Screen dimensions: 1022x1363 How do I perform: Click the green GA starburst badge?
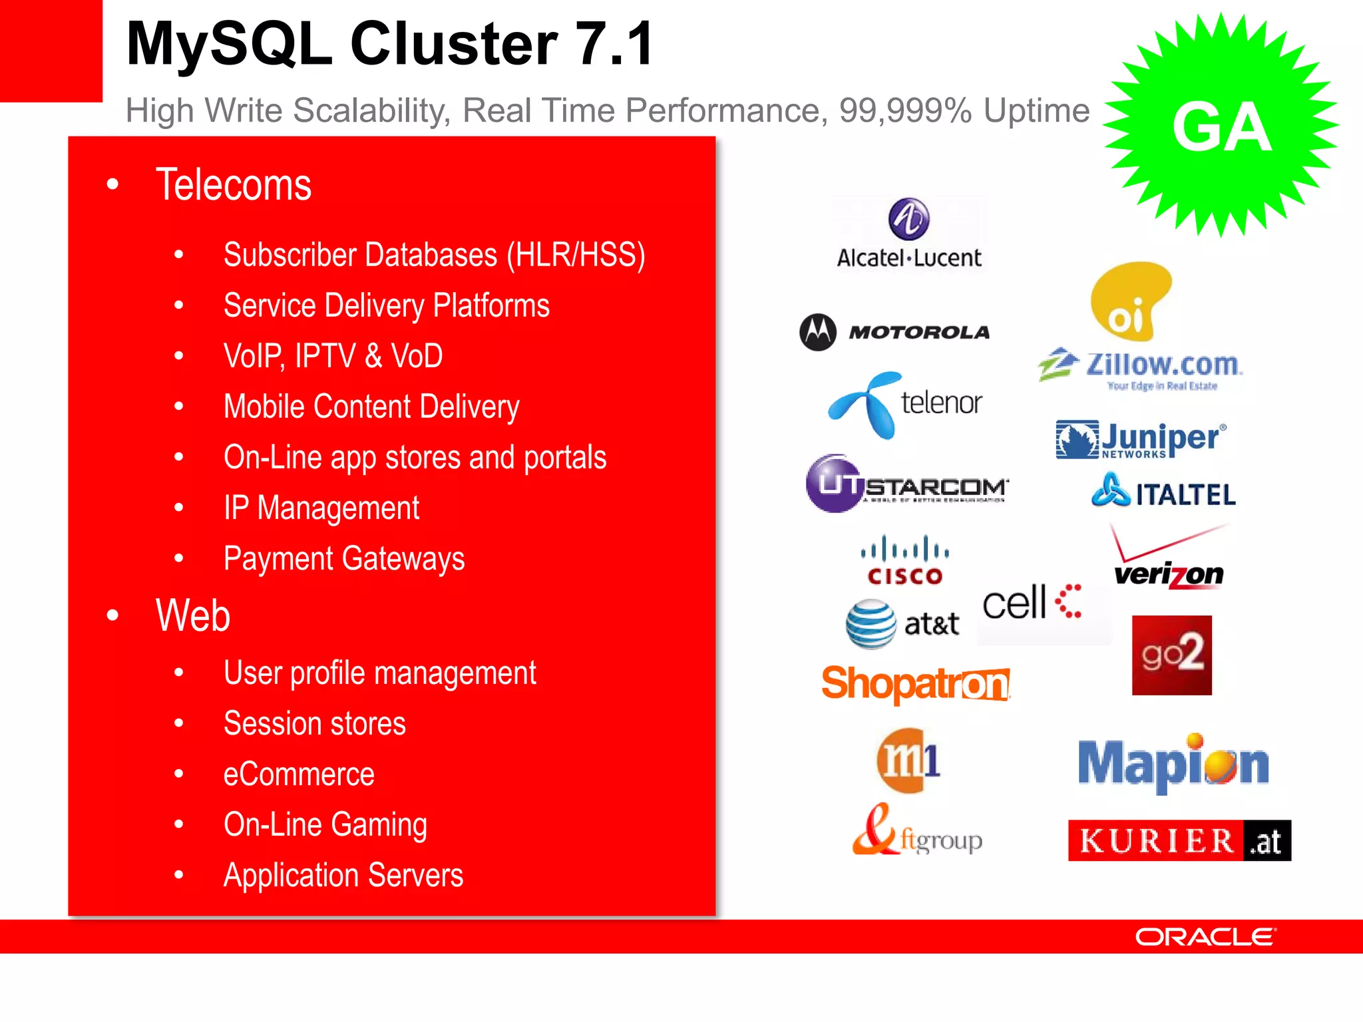pyautogui.click(x=1221, y=125)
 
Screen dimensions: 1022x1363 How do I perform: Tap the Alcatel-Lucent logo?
pyautogui.click(x=909, y=234)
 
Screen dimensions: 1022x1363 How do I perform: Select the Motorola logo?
pyautogui.click(x=894, y=331)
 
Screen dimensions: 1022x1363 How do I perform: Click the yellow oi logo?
pyautogui.click(x=1129, y=301)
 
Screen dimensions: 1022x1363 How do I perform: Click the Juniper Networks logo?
pyautogui.click(x=1141, y=440)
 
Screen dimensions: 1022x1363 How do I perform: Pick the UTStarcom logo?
pyautogui.click(x=906, y=484)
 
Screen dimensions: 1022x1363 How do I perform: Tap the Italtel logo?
pyautogui.click(x=1163, y=492)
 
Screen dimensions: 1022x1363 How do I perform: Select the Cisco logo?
pyautogui.click(x=905, y=561)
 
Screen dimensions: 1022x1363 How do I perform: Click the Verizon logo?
pyautogui.click(x=1169, y=559)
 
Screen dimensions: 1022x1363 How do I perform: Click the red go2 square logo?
pyautogui.click(x=1171, y=655)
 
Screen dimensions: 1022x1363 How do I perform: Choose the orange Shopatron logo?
pyautogui.click(x=916, y=683)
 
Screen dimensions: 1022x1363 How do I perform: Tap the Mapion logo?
pyautogui.click(x=1173, y=764)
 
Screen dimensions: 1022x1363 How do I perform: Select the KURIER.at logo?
pyautogui.click(x=1179, y=840)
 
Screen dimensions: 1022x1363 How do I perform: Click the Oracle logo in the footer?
pyautogui.click(x=1205, y=937)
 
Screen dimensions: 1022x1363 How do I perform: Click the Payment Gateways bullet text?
pyautogui.click(x=344, y=559)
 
